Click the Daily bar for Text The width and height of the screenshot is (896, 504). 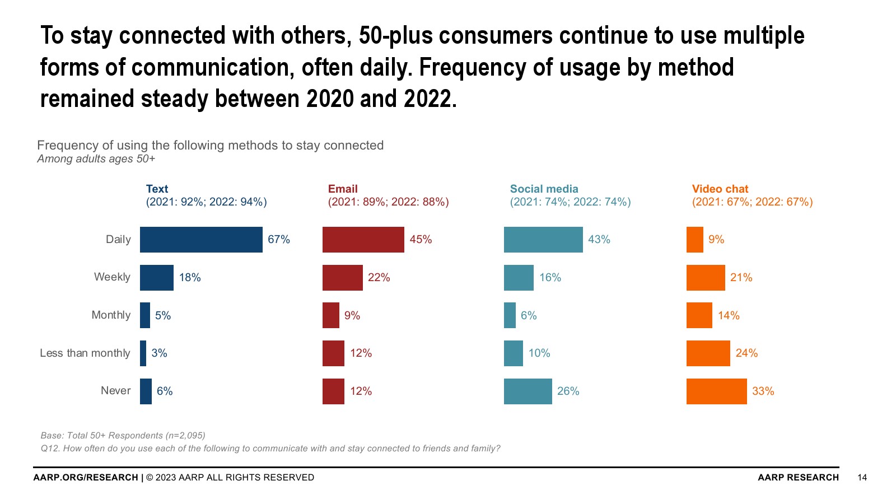tap(201, 240)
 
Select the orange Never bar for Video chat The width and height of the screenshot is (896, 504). tap(716, 391)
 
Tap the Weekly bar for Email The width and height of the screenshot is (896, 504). tap(342, 278)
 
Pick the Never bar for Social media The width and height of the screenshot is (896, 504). tap(528, 391)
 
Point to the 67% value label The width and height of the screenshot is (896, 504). tap(279, 240)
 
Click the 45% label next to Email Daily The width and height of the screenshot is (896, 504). tap(421, 240)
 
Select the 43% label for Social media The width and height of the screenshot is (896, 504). tap(599, 240)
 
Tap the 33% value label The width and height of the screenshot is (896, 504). tap(763, 391)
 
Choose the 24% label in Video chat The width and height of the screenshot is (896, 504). tap(746, 353)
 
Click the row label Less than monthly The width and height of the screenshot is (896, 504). tap(85, 353)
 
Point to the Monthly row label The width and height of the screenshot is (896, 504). tap(111, 315)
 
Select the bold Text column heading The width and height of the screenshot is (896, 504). tap(157, 189)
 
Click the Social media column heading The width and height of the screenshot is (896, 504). tap(544, 189)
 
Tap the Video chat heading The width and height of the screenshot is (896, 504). tap(720, 189)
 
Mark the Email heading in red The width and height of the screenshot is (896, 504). tap(343, 189)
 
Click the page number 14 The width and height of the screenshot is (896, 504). tap(862, 478)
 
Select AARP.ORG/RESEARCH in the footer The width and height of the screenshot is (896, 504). tap(86, 478)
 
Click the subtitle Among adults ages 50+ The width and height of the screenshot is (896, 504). tap(96, 159)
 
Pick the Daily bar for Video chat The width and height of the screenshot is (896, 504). tap(694, 240)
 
